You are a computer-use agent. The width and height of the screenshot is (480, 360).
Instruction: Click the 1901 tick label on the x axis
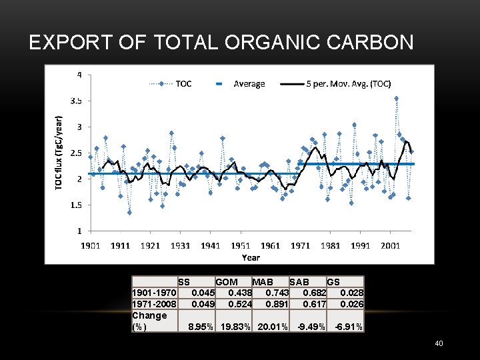pyautogui.click(x=91, y=245)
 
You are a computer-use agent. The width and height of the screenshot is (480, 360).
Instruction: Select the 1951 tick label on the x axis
pyautogui.click(x=241, y=245)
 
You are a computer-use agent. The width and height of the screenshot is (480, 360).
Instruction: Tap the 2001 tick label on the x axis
pyautogui.click(x=391, y=245)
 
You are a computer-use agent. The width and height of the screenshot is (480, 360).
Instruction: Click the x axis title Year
pyautogui.click(x=251, y=257)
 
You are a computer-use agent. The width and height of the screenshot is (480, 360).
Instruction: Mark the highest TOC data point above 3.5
pyautogui.click(x=396, y=98)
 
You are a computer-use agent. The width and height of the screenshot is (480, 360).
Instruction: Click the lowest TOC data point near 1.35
pyautogui.click(x=129, y=213)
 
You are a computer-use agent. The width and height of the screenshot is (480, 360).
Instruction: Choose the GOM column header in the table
pyautogui.click(x=227, y=282)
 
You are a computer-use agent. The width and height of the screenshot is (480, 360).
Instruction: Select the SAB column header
pyautogui.click(x=299, y=282)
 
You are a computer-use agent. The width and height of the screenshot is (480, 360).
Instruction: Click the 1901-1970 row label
pyautogui.click(x=155, y=293)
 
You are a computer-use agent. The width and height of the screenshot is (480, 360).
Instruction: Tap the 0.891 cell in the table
pyautogui.click(x=277, y=303)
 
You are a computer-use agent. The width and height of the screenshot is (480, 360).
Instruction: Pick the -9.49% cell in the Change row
pyautogui.click(x=312, y=327)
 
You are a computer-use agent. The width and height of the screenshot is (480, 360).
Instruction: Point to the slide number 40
pyautogui.click(x=439, y=343)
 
